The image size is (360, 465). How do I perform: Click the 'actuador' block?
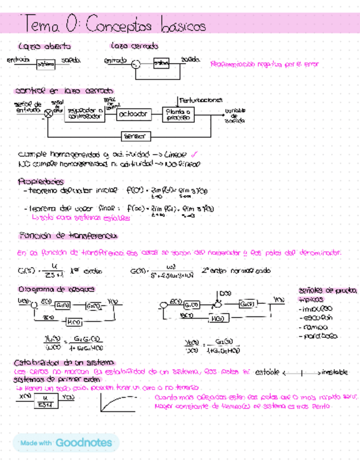point(132,114)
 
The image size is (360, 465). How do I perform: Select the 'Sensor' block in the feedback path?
point(133,135)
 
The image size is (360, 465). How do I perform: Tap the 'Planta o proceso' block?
point(179,114)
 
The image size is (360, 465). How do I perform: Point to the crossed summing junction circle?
point(48,113)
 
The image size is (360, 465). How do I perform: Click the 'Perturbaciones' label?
point(201,100)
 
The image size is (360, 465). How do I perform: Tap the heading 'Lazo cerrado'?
point(134,46)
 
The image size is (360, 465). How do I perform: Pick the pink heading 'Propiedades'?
point(41,181)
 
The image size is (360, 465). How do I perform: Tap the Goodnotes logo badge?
point(66,443)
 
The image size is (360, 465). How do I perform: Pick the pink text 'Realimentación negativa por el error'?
point(264,64)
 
